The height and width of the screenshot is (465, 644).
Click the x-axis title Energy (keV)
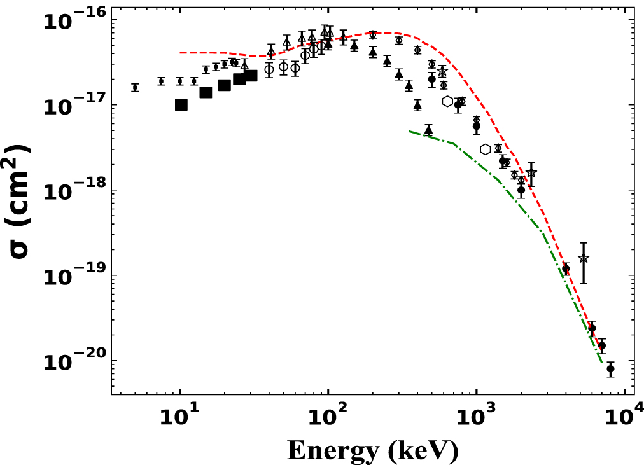click(x=372, y=450)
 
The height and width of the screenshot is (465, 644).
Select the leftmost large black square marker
click(x=181, y=105)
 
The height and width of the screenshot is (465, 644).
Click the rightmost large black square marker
click(x=251, y=76)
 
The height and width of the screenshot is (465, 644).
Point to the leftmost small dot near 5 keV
click(x=135, y=88)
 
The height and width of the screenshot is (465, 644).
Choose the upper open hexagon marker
click(x=447, y=101)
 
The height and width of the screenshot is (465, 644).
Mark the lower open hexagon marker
click(x=486, y=149)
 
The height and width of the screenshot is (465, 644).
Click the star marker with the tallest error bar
click(x=584, y=258)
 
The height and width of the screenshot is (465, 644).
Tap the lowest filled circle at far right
click(x=610, y=368)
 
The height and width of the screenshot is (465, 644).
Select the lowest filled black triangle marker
click(x=428, y=130)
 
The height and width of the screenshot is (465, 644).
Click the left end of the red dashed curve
click(x=181, y=52)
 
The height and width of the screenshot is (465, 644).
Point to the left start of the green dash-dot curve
click(x=409, y=131)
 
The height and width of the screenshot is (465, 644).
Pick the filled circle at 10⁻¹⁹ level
click(x=566, y=269)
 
